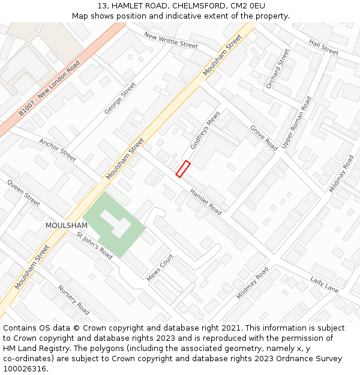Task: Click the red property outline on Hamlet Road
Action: pos(183,169)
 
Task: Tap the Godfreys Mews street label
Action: pos(205,130)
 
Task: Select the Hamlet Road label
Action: pos(206,202)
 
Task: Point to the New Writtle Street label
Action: pos(171,40)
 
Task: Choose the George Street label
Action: pos(120,98)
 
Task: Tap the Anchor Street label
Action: pos(58,151)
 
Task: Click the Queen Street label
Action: pos(23,193)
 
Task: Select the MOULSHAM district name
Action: pos(67,226)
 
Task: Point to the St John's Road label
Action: pos(94,245)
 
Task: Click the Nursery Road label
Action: pos(73,299)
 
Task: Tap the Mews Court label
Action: pos(160,268)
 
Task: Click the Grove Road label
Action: pos(263,137)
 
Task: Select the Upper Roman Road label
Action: pos(296,124)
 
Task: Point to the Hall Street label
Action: pos(324,46)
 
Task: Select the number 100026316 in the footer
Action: pos(25,368)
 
